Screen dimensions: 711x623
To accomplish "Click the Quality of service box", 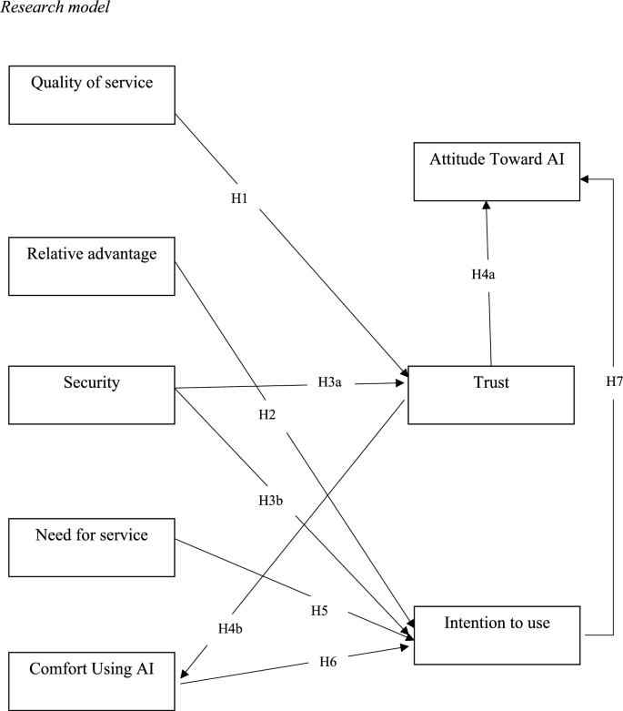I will point(91,94).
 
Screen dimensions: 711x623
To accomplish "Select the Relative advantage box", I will point(91,265).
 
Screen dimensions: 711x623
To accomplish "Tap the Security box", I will point(91,393).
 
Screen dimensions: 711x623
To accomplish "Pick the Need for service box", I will point(91,546).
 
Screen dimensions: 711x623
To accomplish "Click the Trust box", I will point(491,394).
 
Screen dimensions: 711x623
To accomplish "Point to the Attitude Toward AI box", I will point(496,170).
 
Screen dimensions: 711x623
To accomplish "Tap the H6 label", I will point(329,663).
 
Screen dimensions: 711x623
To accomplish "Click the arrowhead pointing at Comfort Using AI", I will point(186,675).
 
